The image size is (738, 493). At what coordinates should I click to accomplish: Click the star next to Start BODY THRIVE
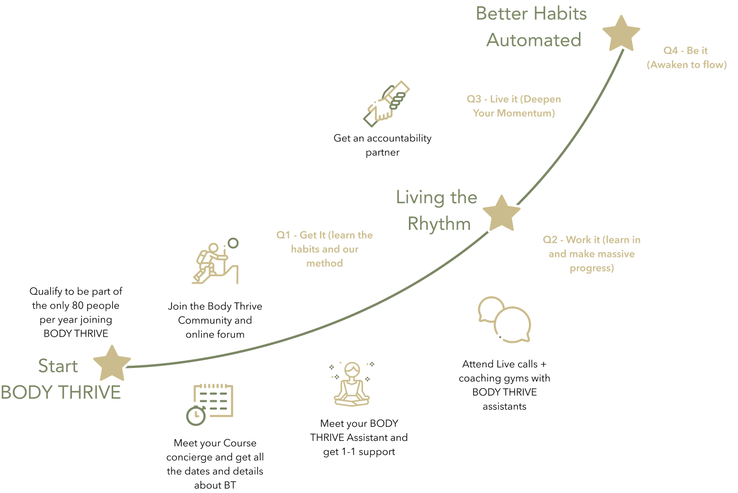pyautogui.click(x=112, y=363)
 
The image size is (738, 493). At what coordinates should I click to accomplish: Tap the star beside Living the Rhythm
pyautogui.click(x=501, y=213)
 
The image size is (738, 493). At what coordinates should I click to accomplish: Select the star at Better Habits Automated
pyautogui.click(x=621, y=33)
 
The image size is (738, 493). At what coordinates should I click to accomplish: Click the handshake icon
pyautogui.click(x=386, y=104)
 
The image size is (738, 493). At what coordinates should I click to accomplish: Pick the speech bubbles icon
pyautogui.click(x=504, y=319)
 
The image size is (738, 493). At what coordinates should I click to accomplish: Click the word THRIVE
pyautogui.click(x=91, y=392)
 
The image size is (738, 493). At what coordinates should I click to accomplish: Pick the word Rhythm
pyautogui.click(x=439, y=224)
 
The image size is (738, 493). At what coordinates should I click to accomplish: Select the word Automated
pyautogui.click(x=534, y=40)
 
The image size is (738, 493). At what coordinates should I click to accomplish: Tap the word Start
pyautogui.click(x=58, y=366)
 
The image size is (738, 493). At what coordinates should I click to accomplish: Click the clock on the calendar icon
pyautogui.click(x=196, y=415)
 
